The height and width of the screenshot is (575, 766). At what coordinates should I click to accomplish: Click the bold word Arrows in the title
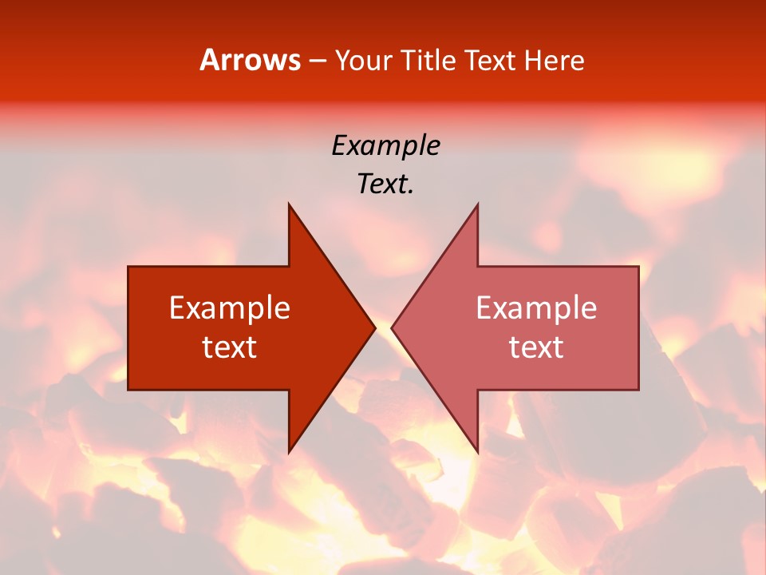[250, 60]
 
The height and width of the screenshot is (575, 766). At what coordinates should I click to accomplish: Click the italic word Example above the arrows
[385, 145]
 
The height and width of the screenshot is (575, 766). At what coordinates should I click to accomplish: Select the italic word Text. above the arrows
[385, 184]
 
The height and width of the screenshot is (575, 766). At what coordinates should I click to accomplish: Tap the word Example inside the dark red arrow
[230, 308]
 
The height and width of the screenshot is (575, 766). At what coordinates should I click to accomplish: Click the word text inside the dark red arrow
[230, 347]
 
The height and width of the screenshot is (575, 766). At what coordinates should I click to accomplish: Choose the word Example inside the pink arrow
[536, 308]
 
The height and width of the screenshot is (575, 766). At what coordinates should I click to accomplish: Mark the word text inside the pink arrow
[536, 347]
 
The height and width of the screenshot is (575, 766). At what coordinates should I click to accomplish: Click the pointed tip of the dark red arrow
[374, 327]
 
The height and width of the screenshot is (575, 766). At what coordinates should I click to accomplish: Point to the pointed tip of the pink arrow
[392, 327]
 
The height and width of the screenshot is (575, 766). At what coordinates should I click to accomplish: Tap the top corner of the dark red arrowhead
[289, 204]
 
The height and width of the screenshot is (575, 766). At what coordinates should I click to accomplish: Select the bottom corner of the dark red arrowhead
[289, 452]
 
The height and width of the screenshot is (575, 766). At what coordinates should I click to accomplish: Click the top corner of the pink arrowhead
[477, 204]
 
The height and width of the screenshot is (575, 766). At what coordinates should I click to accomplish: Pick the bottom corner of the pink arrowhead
[477, 452]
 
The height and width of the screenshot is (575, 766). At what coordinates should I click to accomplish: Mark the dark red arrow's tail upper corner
[128, 267]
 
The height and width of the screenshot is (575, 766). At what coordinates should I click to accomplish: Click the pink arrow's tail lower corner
[638, 390]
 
